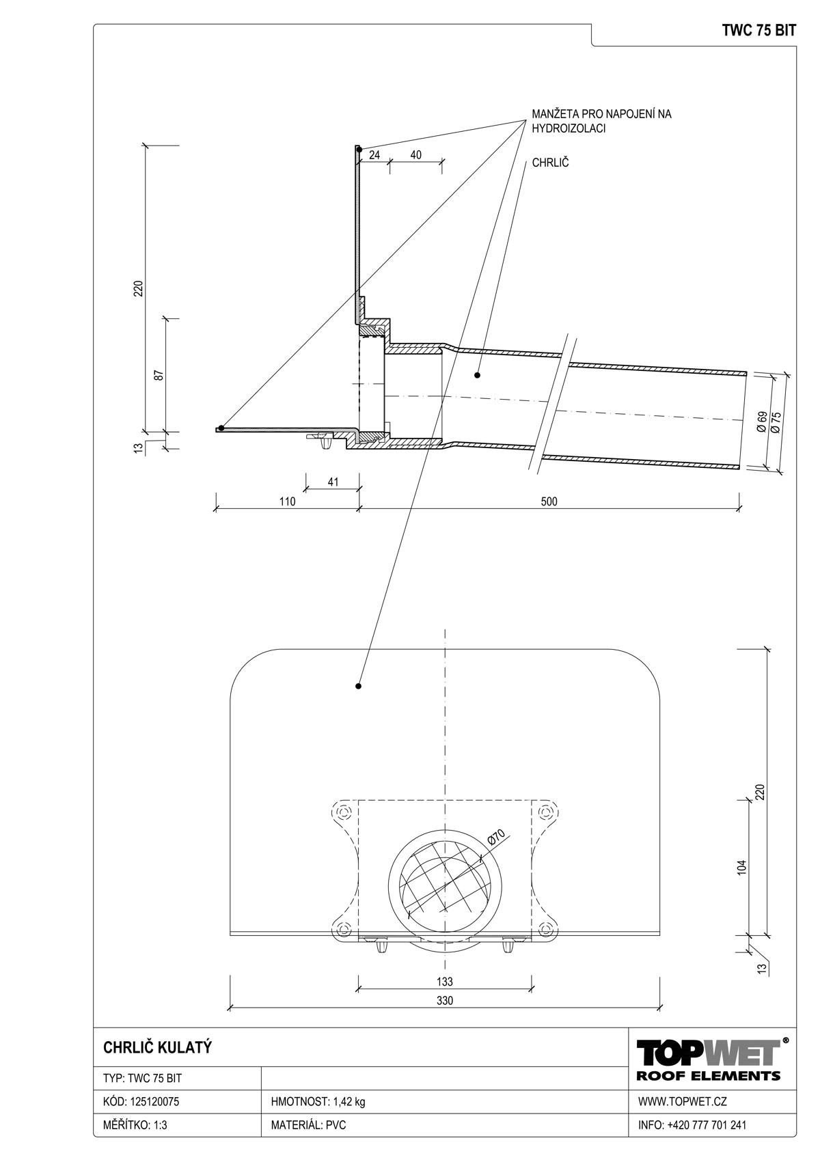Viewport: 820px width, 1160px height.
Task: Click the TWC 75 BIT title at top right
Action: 758,31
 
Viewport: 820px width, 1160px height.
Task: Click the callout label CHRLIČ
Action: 550,163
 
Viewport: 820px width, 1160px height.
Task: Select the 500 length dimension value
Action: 549,501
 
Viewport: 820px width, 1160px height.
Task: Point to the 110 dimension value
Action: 287,501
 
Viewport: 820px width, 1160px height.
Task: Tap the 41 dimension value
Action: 333,482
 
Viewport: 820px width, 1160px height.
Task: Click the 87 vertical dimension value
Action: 159,375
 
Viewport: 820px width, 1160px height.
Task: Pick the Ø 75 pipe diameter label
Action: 776,422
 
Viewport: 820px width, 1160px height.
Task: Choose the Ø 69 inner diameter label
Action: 761,422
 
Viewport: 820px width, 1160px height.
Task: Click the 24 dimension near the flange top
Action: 374,154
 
